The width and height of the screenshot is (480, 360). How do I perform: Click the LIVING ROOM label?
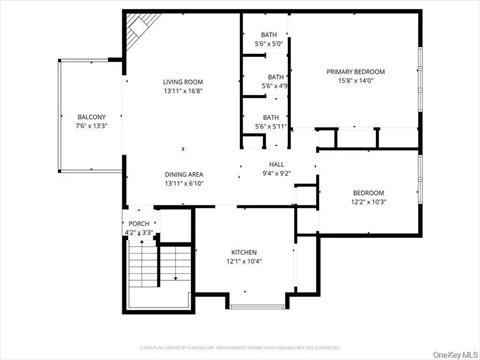click(183, 81)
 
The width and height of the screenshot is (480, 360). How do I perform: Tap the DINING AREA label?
click(183, 174)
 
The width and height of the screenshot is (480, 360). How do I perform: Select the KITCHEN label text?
click(245, 252)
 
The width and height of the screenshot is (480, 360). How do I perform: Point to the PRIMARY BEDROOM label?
click(356, 72)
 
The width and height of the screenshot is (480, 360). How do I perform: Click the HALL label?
click(277, 164)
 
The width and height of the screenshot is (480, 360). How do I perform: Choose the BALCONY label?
click(90, 117)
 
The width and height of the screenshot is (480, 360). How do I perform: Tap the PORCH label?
click(139, 223)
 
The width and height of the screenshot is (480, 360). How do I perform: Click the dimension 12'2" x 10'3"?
click(369, 202)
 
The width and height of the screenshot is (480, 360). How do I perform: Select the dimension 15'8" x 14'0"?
click(356, 82)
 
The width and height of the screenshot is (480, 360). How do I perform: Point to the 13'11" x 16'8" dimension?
click(183, 91)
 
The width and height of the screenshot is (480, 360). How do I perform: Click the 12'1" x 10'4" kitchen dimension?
click(245, 262)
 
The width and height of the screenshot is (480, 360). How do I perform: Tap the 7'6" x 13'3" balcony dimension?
click(90, 127)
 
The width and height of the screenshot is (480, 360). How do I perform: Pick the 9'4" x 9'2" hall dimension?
click(277, 174)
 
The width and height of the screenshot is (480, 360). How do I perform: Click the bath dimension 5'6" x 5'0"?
click(270, 44)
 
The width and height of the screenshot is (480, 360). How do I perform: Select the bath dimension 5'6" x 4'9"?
click(275, 86)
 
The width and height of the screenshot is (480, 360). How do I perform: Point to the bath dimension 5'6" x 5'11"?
click(271, 127)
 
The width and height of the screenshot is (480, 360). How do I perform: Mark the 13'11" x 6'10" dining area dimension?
click(183, 184)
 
